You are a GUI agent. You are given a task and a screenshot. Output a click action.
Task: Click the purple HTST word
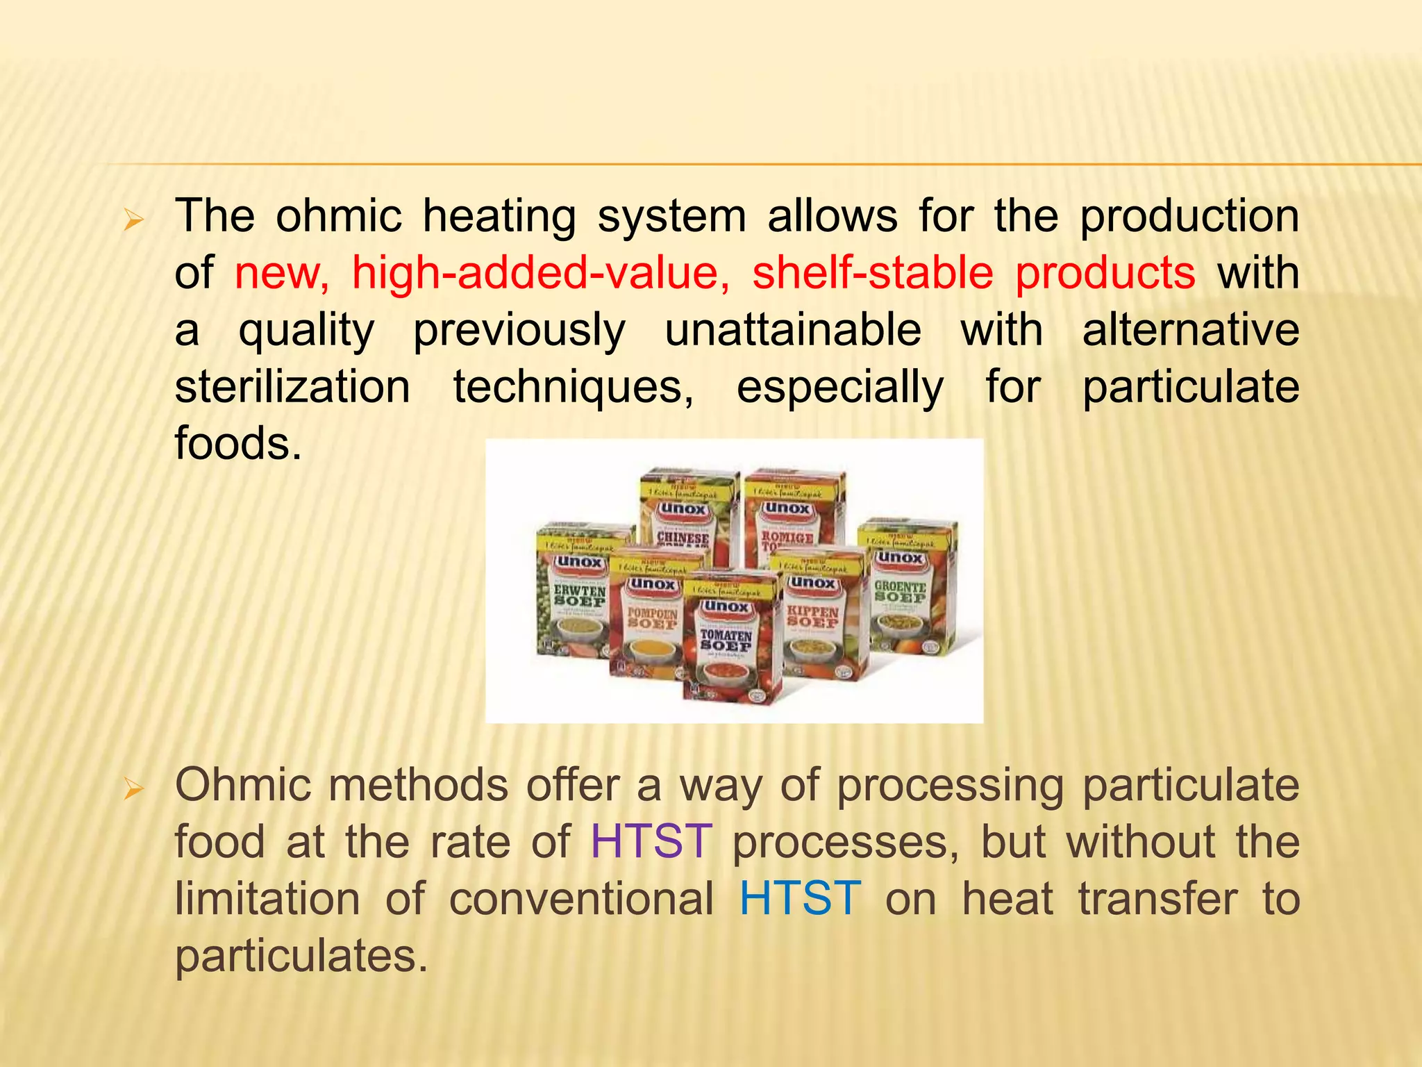(x=651, y=842)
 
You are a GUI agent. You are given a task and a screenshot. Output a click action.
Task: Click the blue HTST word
(x=800, y=899)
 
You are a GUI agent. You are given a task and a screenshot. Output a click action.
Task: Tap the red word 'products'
(x=1105, y=272)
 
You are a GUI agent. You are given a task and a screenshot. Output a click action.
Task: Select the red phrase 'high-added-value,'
(x=541, y=272)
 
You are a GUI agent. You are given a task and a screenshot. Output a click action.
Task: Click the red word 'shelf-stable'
(x=873, y=272)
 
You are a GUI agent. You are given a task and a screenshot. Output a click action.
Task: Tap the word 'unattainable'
(x=793, y=329)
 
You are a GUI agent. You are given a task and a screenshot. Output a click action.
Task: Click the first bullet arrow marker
(x=133, y=222)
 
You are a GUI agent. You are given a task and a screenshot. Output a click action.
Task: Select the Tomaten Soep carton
(x=730, y=639)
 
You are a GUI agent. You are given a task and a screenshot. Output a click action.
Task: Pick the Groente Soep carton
(x=906, y=590)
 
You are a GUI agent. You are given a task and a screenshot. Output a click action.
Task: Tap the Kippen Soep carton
(x=823, y=618)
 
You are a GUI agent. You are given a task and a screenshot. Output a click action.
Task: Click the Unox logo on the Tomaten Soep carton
(x=726, y=606)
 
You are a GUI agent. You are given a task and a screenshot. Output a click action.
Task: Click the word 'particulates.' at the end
(x=301, y=956)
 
